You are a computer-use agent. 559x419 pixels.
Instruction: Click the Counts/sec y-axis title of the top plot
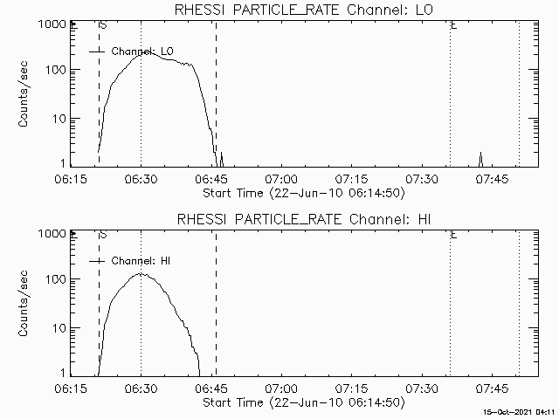(x=26, y=97)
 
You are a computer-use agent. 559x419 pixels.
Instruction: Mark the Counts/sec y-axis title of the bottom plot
(x=26, y=306)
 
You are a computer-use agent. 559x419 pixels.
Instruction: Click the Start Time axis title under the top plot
(x=302, y=192)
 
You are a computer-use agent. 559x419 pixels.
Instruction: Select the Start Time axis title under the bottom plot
(x=302, y=402)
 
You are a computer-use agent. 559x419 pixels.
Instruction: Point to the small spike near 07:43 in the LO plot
(x=480, y=155)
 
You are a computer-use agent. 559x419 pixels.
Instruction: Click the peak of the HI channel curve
(x=141, y=273)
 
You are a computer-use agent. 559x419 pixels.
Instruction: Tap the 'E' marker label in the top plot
(x=452, y=25)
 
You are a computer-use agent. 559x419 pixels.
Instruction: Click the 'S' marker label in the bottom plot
(x=104, y=235)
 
